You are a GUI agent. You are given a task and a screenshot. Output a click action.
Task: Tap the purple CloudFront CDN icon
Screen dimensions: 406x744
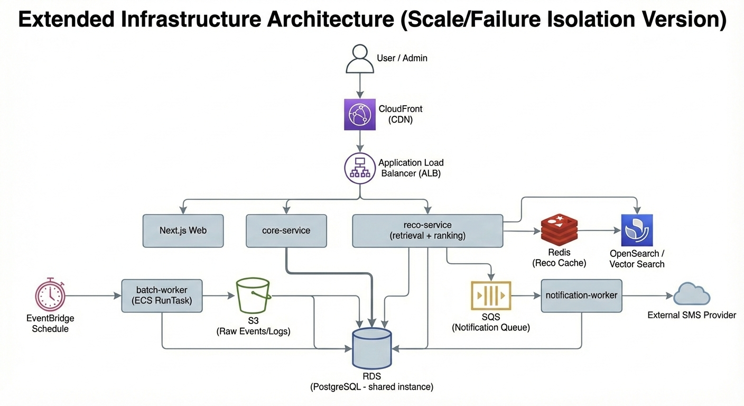360,114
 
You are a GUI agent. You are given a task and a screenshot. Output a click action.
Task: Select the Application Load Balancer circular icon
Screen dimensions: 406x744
360,168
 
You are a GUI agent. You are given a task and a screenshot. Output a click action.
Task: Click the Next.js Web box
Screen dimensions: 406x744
183,230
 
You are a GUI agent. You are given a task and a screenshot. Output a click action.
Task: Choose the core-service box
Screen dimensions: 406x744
286,230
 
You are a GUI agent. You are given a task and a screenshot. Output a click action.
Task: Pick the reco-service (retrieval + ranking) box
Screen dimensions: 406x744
427,230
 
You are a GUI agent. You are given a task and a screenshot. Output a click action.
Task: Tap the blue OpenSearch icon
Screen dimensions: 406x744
637,230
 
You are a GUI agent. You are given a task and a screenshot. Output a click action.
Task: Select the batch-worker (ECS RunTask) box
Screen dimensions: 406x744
162,296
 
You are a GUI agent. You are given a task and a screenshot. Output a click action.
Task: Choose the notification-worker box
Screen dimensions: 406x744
581,296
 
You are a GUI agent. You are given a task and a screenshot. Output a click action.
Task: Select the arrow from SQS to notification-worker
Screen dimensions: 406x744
526,296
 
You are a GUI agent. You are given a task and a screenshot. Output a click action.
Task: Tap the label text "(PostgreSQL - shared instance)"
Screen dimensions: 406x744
371,387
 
